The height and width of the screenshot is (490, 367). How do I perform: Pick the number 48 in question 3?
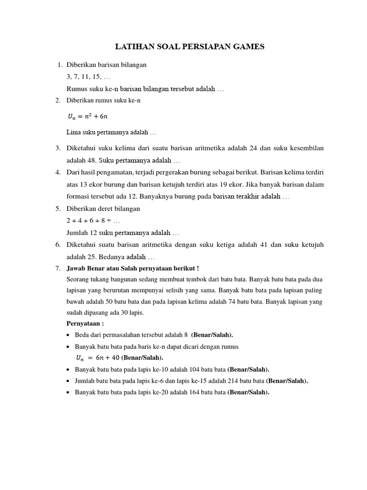click(89, 161)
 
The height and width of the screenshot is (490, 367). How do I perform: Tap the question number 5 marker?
click(57, 209)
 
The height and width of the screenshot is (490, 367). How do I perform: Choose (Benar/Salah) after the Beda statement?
click(213, 335)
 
